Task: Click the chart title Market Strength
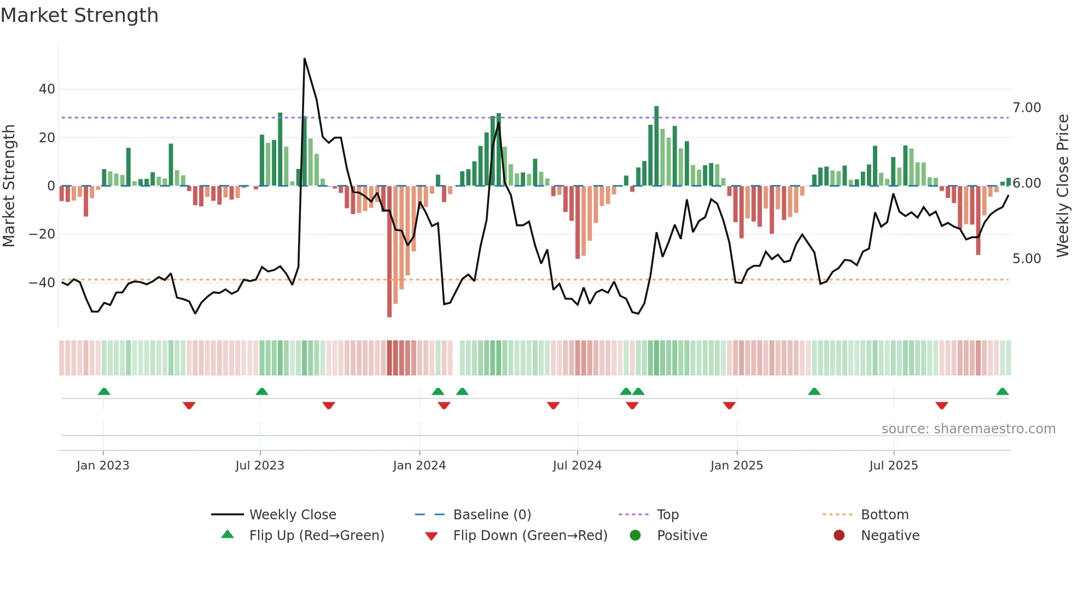pyautogui.click(x=80, y=15)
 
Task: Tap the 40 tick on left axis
pyautogui.click(x=47, y=89)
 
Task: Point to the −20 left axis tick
pyautogui.click(x=43, y=234)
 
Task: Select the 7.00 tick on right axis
pyautogui.click(x=1027, y=108)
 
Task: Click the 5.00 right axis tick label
pyautogui.click(x=1027, y=259)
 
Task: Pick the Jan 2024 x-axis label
pyautogui.click(x=420, y=466)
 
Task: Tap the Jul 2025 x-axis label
pyautogui.click(x=894, y=466)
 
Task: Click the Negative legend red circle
pyautogui.click(x=839, y=536)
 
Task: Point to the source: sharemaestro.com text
pyautogui.click(x=968, y=429)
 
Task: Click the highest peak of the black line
pyautogui.click(x=305, y=59)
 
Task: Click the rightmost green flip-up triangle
pyautogui.click(x=1002, y=392)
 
